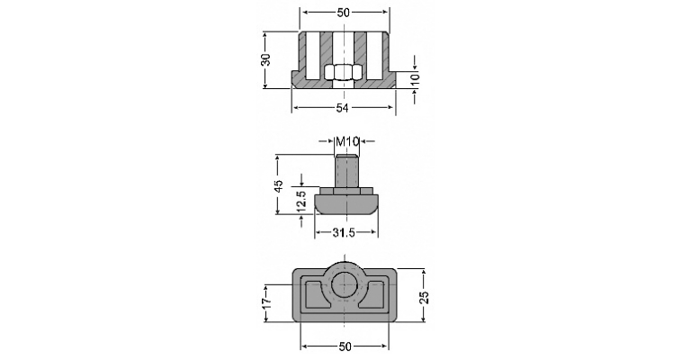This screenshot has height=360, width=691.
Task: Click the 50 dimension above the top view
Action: (x=344, y=13)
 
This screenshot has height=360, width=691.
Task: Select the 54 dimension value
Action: (x=343, y=107)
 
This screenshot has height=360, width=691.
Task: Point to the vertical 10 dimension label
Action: (x=415, y=79)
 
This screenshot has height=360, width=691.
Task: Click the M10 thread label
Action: (x=347, y=141)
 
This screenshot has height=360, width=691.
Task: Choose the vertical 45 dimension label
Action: (x=278, y=185)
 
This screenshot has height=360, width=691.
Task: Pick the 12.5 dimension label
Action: (x=301, y=201)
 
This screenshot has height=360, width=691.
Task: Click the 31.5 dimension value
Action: (x=344, y=232)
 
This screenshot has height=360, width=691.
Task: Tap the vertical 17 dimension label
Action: (x=265, y=302)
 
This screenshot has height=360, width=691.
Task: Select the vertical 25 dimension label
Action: (x=424, y=297)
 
